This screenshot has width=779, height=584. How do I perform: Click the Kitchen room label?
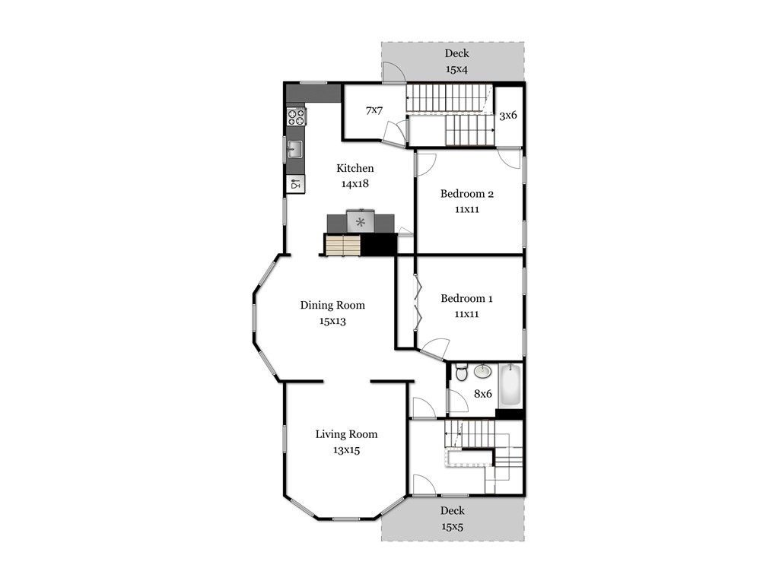point(355,168)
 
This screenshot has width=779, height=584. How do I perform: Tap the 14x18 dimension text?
point(355,184)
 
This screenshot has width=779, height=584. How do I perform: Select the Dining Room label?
point(332,305)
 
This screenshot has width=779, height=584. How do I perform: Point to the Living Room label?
point(346,434)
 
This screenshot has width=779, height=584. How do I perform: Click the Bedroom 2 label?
point(467,194)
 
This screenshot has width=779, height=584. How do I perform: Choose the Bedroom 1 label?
point(466,298)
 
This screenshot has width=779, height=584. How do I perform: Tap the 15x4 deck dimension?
point(456,69)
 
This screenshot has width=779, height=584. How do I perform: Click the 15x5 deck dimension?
point(452,526)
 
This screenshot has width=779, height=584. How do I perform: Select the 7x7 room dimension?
point(374,109)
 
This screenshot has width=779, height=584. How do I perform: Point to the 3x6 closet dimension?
point(507,116)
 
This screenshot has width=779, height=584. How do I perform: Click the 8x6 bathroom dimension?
point(482,394)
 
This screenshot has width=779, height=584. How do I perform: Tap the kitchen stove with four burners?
point(296,116)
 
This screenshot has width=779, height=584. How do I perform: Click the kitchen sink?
point(294,149)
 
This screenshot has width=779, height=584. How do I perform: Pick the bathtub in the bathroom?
point(510,385)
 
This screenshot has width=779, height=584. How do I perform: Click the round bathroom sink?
point(482,370)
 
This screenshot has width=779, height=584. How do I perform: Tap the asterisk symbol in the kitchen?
point(361,222)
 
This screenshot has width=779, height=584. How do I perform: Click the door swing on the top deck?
point(394,71)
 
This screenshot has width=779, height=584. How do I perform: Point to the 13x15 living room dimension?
point(346,450)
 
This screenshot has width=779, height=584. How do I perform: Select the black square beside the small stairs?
point(379,244)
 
